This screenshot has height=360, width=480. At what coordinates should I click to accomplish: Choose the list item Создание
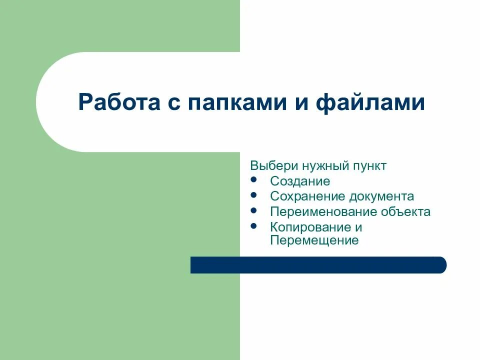[x=300, y=181]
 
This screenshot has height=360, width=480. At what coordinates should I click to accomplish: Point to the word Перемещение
[x=314, y=240]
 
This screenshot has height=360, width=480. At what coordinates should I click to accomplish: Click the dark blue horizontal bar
[x=318, y=265]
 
